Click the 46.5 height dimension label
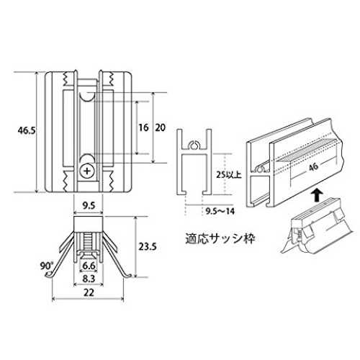pyautogui.click(x=27, y=130)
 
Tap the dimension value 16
pyautogui.click(x=143, y=127)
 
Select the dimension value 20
pyautogui.click(x=160, y=127)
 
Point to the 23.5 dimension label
pyautogui.click(x=148, y=247)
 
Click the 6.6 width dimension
pyautogui.click(x=89, y=266)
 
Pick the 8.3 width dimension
pyautogui.click(x=89, y=279)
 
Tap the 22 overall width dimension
pyautogui.click(x=89, y=292)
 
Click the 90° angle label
pyautogui.click(x=46, y=266)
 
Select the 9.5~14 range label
pyautogui.click(x=220, y=211)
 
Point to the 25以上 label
pyautogui.click(x=229, y=175)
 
